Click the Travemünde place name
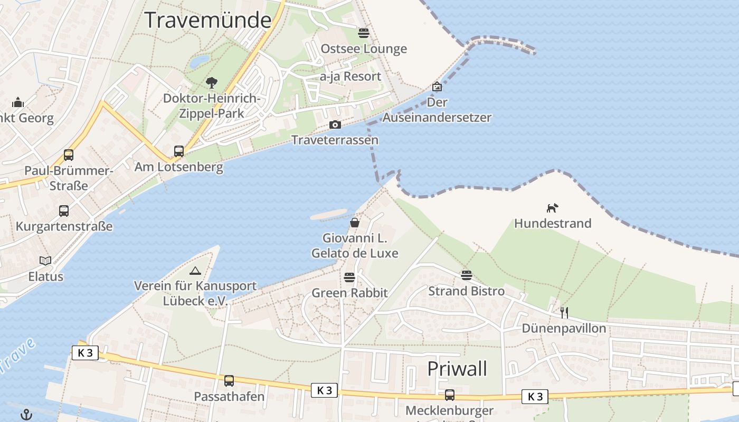[208, 20]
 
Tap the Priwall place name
[457, 369]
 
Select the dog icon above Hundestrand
[552, 208]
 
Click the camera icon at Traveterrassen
[335, 125]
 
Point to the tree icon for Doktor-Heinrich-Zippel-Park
[212, 83]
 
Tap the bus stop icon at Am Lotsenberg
[179, 151]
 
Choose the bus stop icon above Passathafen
[229, 380]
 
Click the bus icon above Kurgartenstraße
[64, 211]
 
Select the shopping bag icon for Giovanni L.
[355, 223]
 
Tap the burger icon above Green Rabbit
[349, 277]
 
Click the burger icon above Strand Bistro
[466, 275]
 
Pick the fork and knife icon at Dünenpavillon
[564, 312]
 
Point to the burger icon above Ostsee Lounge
[364, 33]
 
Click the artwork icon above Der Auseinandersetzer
[437, 87]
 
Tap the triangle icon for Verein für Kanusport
[195, 271]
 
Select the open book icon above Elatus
[46, 261]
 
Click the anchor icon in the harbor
[26, 415]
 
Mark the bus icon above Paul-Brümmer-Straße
[69, 155]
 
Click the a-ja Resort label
[350, 76]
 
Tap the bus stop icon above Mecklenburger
[450, 395]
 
